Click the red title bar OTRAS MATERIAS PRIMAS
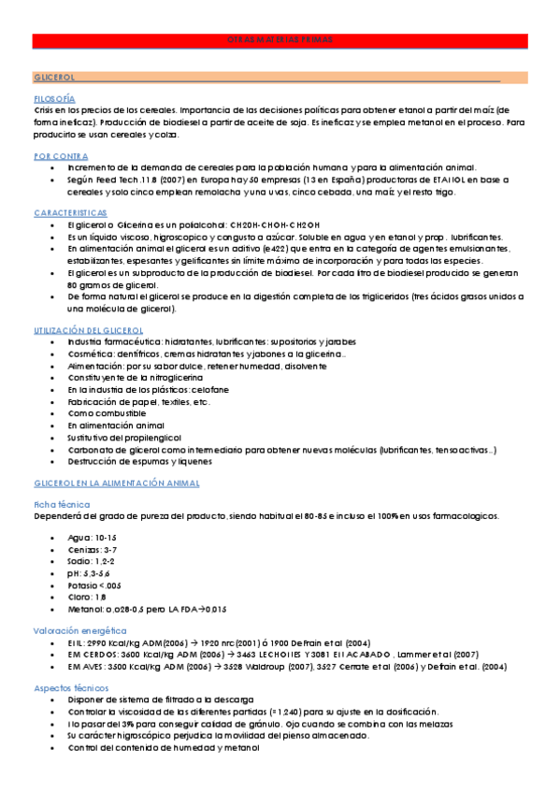coord(280,40)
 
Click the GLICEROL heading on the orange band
coord(54,77)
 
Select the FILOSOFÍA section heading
coord(54,98)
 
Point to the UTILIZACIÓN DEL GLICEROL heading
coord(88,331)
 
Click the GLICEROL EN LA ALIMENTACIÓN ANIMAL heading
coord(117,483)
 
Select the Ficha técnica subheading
coord(61,504)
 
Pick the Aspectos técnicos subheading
coord(71,687)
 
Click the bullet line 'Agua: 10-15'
coord(93,539)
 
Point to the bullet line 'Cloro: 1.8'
coord(87,597)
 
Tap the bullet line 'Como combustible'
coord(107,413)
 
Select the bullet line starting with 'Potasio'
coord(94,585)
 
